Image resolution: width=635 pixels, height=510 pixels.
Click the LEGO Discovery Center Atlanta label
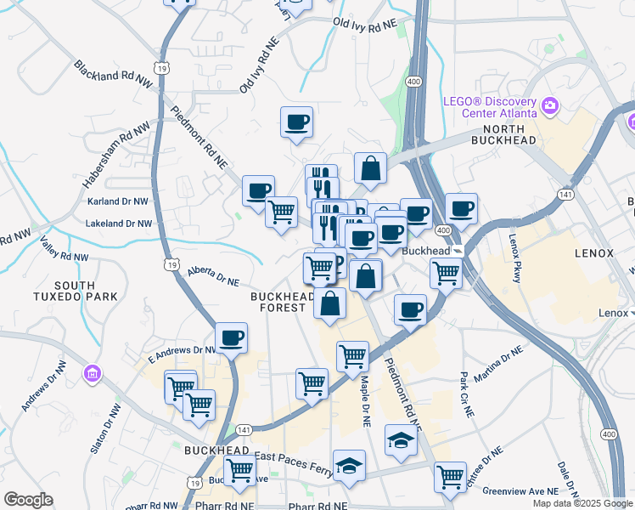[x=490, y=105]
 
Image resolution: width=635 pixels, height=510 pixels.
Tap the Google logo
[x=27, y=500]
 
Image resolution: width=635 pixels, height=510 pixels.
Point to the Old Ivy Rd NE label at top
[x=365, y=24]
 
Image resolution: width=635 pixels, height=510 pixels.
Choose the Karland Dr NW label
[x=120, y=201]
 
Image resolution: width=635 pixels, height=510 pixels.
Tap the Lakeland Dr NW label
[x=119, y=224]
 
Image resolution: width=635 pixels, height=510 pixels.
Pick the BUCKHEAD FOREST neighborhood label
[x=283, y=302]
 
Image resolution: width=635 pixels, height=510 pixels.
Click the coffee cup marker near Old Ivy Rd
[x=296, y=122]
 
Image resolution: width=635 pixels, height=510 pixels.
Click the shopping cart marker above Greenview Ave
[x=450, y=477]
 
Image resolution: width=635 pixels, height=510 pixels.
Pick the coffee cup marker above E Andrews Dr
[x=231, y=338]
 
